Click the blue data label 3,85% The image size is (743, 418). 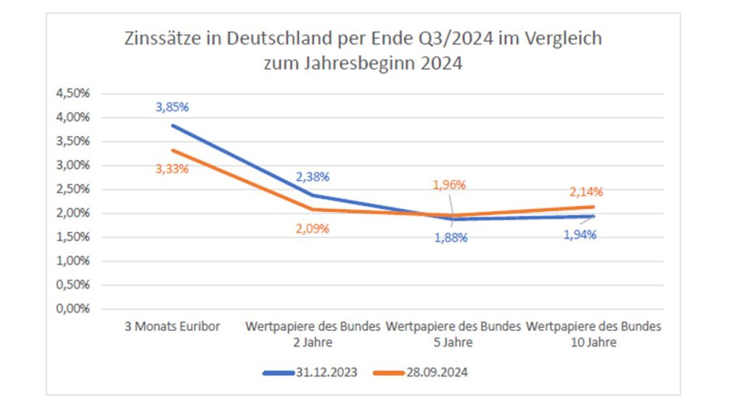click(x=172, y=107)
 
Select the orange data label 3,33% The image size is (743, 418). click(x=172, y=169)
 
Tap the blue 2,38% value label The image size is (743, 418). click(x=313, y=176)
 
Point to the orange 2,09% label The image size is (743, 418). click(x=313, y=228)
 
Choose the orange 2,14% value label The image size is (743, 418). click(x=586, y=192)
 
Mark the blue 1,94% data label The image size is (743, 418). click(x=580, y=234)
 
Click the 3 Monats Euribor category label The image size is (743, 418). click(x=172, y=327)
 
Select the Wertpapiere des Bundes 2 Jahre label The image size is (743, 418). click(x=313, y=334)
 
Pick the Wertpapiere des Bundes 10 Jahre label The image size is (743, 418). click(x=594, y=334)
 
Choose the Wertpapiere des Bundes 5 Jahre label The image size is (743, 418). click(x=453, y=334)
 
